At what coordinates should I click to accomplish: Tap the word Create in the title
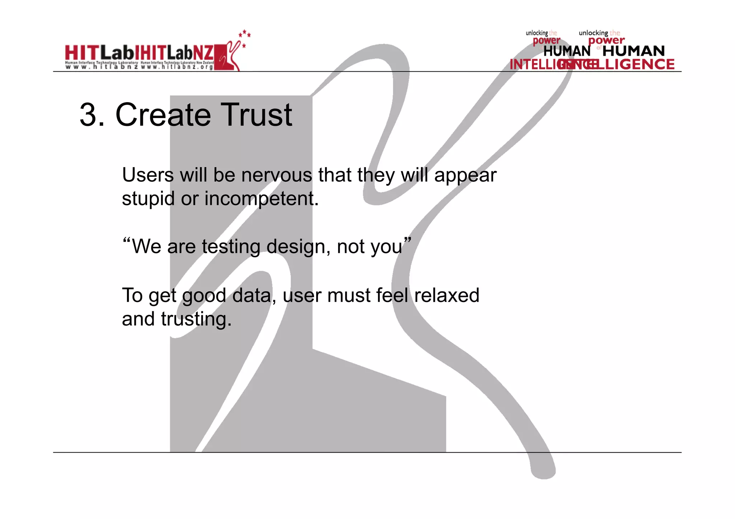163,115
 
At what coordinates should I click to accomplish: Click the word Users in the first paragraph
148,175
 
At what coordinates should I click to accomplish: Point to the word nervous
276,175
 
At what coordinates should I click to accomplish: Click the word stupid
148,199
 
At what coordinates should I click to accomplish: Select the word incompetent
261,199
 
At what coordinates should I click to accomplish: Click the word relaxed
446,296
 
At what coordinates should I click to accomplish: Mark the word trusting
196,319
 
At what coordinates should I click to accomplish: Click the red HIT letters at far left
81,54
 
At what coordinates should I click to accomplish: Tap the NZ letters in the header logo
203,54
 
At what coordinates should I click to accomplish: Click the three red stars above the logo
245,34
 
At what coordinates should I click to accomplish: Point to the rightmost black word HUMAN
633,51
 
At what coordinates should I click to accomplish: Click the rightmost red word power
607,41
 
